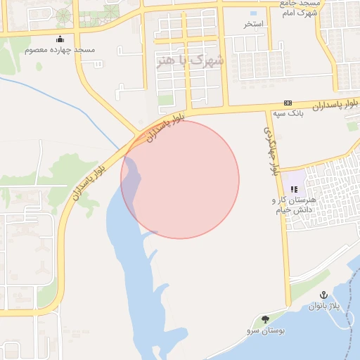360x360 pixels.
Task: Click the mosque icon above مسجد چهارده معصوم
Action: (60, 39)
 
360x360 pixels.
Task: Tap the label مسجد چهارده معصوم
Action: (60, 51)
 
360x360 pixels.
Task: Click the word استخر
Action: (254, 24)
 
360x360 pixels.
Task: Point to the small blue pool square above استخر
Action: (254, 13)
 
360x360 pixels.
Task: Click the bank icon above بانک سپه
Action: (288, 103)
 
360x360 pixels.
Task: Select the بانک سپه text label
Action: (288, 113)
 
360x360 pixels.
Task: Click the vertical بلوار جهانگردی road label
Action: (271, 151)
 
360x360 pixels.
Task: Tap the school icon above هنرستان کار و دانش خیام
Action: (294, 189)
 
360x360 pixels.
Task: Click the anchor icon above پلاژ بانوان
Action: (323, 295)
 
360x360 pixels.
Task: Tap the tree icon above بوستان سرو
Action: (265, 319)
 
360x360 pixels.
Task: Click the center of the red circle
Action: (180, 179)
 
